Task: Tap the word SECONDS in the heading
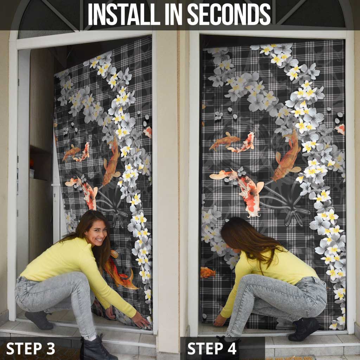(229, 14)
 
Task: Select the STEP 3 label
(31, 348)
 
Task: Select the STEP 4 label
(212, 348)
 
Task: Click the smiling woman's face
(97, 233)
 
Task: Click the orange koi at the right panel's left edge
(208, 272)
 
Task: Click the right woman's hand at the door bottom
(220, 320)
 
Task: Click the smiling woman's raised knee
(79, 279)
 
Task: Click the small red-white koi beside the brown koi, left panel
(82, 152)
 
